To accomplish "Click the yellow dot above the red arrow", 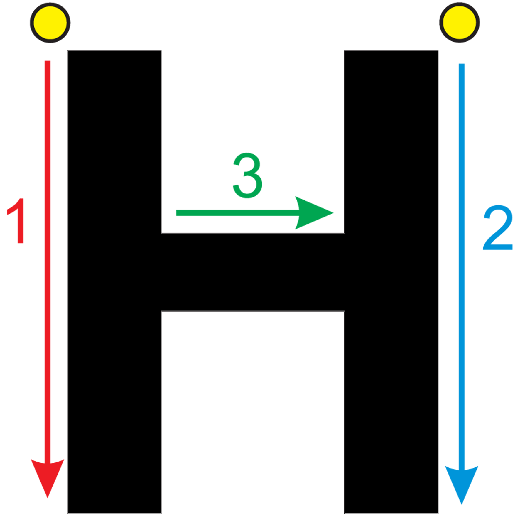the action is pyautogui.click(x=50, y=23).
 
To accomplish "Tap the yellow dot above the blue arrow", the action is pyautogui.click(x=459, y=23).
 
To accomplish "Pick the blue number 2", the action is pyautogui.click(x=498, y=227).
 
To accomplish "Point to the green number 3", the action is pyautogui.click(x=247, y=175).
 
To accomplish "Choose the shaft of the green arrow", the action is pyautogui.click(x=238, y=213).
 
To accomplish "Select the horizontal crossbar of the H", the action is pyautogui.click(x=253, y=272).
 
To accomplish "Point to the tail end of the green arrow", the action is pyautogui.click(x=176, y=213).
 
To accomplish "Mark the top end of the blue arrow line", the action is pyautogui.click(x=462, y=64).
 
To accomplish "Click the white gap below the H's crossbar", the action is pyautogui.click(x=253, y=413).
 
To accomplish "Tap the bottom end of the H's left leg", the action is pyautogui.click(x=114, y=514).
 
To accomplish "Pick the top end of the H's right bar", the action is pyautogui.click(x=391, y=51).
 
